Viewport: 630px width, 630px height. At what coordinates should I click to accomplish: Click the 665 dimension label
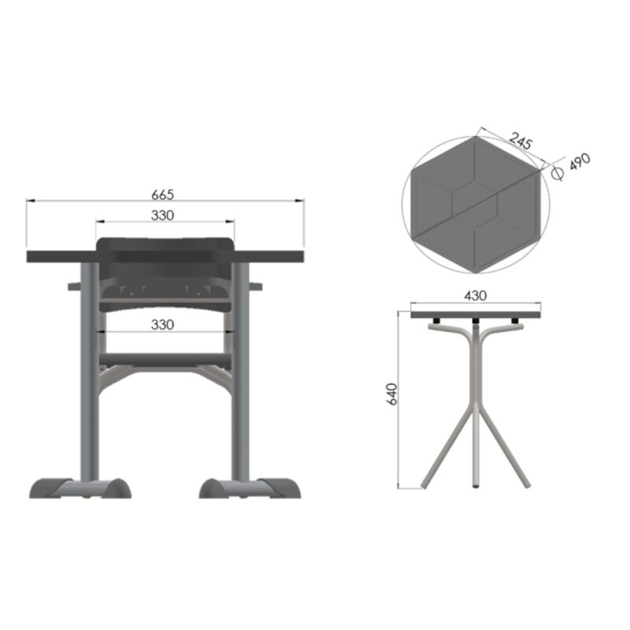point(163,195)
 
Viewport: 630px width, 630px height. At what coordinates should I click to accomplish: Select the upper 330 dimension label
point(163,215)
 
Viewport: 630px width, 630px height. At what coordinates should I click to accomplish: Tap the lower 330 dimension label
point(163,324)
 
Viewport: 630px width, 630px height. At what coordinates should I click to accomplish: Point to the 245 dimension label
point(521,141)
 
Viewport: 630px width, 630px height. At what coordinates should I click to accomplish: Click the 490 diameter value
point(580,161)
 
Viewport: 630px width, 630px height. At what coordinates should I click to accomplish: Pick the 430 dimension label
point(476,296)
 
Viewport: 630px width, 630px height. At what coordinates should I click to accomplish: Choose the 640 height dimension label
point(391,395)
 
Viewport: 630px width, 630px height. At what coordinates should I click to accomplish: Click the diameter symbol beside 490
point(558,172)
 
